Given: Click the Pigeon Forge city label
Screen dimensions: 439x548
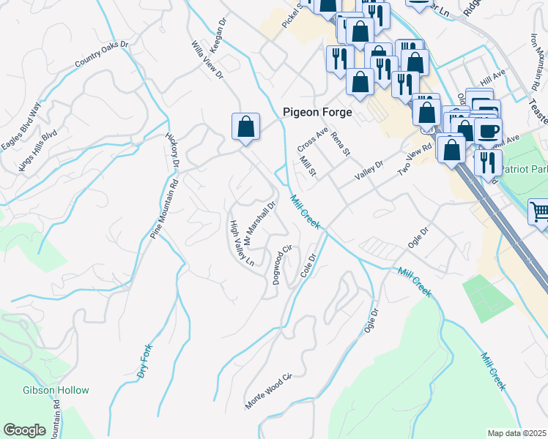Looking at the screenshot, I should (317, 113).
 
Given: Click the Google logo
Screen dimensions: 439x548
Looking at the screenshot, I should (24, 430).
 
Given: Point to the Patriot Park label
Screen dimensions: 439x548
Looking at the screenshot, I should (524, 168).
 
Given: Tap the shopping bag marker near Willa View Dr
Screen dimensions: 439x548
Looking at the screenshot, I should (246, 127).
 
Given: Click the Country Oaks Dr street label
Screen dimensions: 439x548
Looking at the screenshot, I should (101, 56).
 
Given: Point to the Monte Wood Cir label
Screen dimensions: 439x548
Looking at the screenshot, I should (269, 391).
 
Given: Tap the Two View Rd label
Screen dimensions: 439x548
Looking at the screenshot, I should (415, 159).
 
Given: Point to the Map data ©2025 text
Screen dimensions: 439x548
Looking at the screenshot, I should (516, 433).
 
